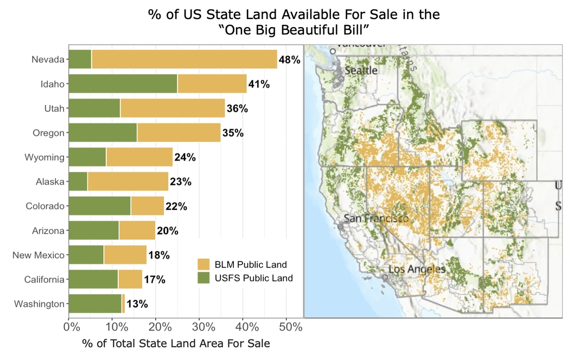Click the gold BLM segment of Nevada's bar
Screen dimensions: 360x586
184,59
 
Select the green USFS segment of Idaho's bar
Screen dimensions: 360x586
123,84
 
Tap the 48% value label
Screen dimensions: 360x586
289,60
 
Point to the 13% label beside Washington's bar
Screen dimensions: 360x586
137,304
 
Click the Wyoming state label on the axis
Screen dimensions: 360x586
44,158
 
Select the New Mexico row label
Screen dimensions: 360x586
39,255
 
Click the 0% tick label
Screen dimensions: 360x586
69,327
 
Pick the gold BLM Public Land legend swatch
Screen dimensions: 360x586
203,265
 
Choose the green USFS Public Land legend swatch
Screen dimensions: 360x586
203,278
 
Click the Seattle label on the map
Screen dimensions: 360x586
361,70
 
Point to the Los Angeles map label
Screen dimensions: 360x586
417,269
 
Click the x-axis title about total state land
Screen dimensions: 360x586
176,344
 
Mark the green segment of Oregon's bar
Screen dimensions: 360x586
103,133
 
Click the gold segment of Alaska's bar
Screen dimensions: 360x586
128,182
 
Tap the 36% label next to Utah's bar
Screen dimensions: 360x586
237,108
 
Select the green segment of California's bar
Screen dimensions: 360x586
93,280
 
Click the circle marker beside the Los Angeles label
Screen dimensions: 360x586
385,277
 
